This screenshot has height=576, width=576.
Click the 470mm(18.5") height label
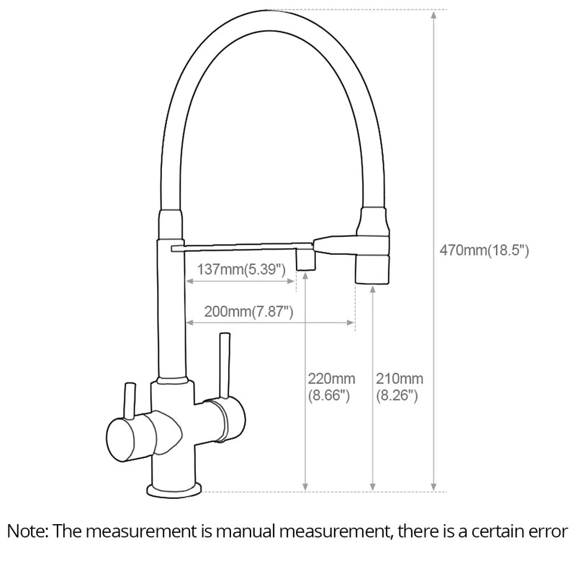(x=484, y=251)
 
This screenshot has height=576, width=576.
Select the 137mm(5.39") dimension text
(x=241, y=269)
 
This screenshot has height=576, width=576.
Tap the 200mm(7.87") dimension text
(x=248, y=312)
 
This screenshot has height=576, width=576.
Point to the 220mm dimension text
(x=331, y=379)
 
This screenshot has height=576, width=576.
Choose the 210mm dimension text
(x=400, y=379)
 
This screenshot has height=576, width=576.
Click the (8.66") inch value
(x=329, y=395)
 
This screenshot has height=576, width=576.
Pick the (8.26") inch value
(x=397, y=395)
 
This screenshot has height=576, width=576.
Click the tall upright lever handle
(x=225, y=365)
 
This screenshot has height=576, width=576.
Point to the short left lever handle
(x=130, y=401)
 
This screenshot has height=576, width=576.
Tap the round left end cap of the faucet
(x=120, y=441)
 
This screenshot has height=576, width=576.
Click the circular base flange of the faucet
(x=174, y=490)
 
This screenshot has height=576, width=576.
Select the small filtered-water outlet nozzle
(x=305, y=260)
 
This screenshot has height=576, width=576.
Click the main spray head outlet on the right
(x=372, y=270)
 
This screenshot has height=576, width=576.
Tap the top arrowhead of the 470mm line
(x=434, y=14)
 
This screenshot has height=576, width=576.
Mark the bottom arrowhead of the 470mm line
(x=434, y=487)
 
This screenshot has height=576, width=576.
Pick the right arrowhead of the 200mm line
(x=351, y=323)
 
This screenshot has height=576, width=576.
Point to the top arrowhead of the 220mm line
(x=305, y=276)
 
